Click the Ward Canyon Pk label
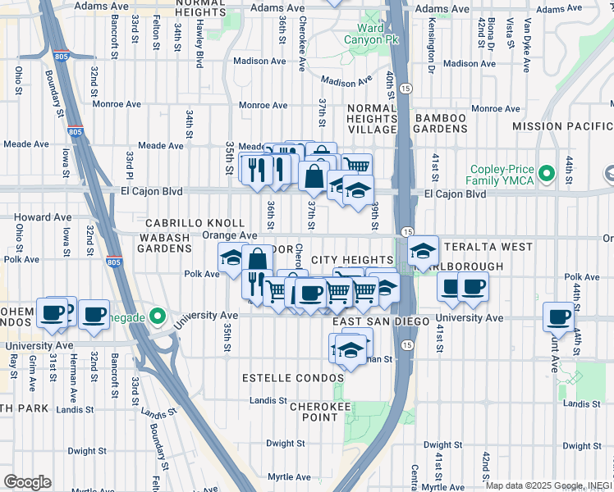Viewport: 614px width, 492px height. (x=371, y=34)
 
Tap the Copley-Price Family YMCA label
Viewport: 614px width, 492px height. (x=500, y=174)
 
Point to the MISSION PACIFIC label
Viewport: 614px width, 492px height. (x=562, y=126)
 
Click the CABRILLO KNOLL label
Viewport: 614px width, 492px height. (x=195, y=223)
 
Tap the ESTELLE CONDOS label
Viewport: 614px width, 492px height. (x=293, y=378)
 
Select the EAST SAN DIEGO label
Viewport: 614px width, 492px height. (x=381, y=321)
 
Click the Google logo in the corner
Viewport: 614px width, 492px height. (x=27, y=481)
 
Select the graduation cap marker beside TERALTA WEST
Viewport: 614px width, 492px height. (x=423, y=251)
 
